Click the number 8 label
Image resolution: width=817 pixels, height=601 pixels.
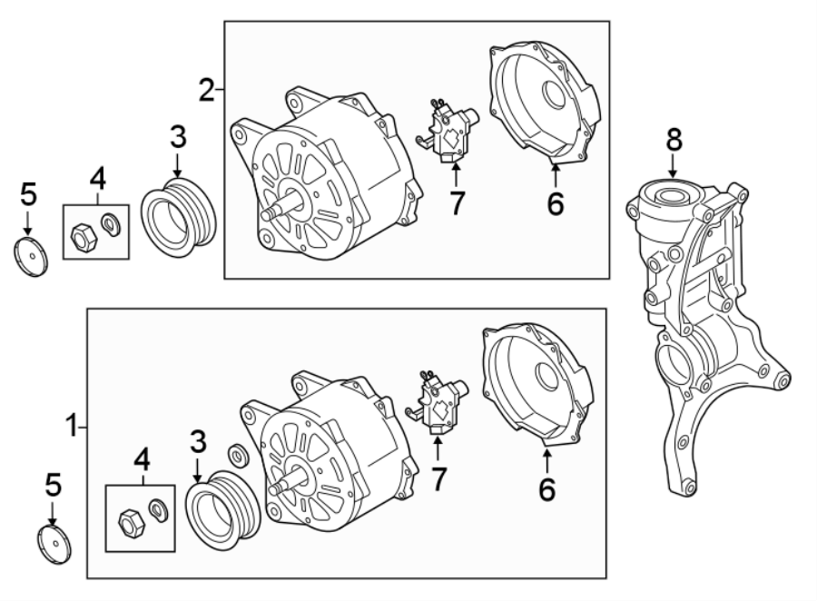(673, 139)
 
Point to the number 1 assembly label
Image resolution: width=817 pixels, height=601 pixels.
(71, 424)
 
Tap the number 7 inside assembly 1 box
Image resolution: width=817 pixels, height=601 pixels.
(438, 478)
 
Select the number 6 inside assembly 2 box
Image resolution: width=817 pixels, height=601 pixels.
(554, 204)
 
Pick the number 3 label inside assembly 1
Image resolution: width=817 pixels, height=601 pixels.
(199, 442)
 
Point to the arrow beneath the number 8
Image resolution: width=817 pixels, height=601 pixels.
(673, 166)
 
